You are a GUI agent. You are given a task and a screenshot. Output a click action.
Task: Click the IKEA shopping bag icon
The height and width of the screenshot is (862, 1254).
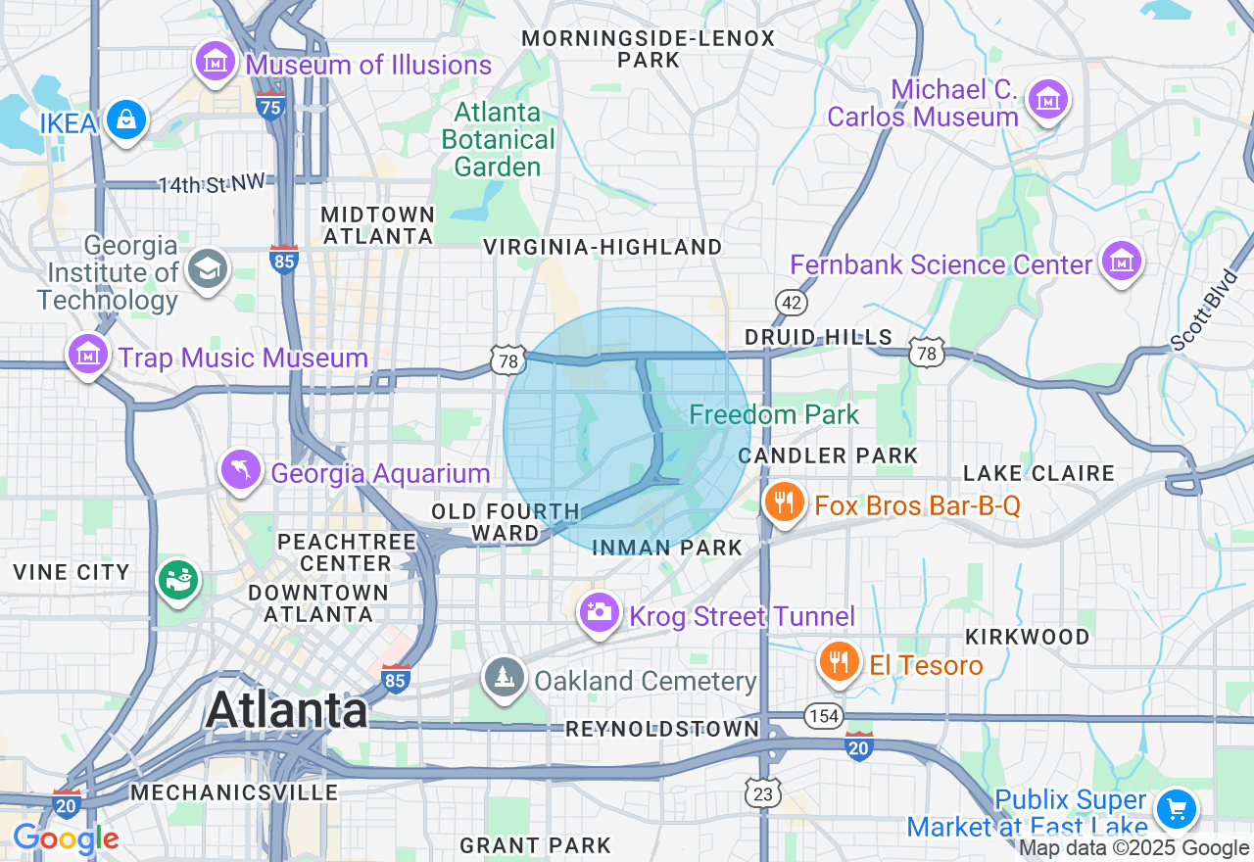coord(125,120)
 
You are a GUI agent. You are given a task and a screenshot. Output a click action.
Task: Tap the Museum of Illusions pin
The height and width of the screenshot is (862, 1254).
coord(216,62)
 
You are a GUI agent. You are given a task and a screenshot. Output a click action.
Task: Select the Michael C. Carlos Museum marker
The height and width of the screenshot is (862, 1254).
coord(1047,99)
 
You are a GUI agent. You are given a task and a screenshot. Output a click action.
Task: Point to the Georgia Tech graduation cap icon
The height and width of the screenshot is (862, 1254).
coord(208,268)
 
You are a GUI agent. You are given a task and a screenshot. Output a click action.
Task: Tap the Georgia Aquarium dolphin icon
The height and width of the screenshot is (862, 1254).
coord(241,470)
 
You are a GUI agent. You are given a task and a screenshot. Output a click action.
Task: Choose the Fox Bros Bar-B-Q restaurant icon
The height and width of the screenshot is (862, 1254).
coord(783,503)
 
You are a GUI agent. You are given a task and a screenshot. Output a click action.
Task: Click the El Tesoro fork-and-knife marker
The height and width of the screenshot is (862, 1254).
coord(839,661)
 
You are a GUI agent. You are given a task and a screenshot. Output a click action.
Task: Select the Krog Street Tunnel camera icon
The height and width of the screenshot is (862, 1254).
coord(599,613)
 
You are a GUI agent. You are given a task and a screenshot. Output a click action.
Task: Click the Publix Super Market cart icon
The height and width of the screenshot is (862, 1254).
coord(1175,809)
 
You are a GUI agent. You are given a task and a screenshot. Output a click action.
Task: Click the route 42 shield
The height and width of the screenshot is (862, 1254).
coord(791,302)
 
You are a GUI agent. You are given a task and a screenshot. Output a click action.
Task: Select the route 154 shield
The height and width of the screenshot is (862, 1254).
coord(824,716)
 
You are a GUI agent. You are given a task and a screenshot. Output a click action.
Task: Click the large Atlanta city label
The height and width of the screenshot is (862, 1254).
coord(287,709)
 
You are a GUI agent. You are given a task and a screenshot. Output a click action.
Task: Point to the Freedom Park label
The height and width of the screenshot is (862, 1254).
coord(774,414)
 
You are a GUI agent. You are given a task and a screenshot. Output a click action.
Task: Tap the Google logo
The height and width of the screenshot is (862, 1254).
coord(66,838)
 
